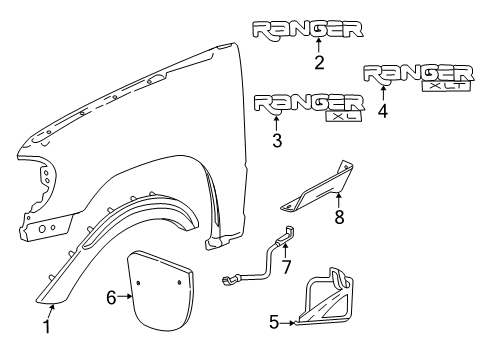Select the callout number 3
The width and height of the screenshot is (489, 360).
pyautogui.click(x=277, y=141)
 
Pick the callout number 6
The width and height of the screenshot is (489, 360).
pyautogui.click(x=111, y=296)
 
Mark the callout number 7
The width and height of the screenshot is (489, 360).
pyautogui.click(x=285, y=268)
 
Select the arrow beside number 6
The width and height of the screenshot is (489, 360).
pyautogui.click(x=125, y=296)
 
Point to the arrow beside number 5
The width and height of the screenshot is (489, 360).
pyautogui.click(x=291, y=322)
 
